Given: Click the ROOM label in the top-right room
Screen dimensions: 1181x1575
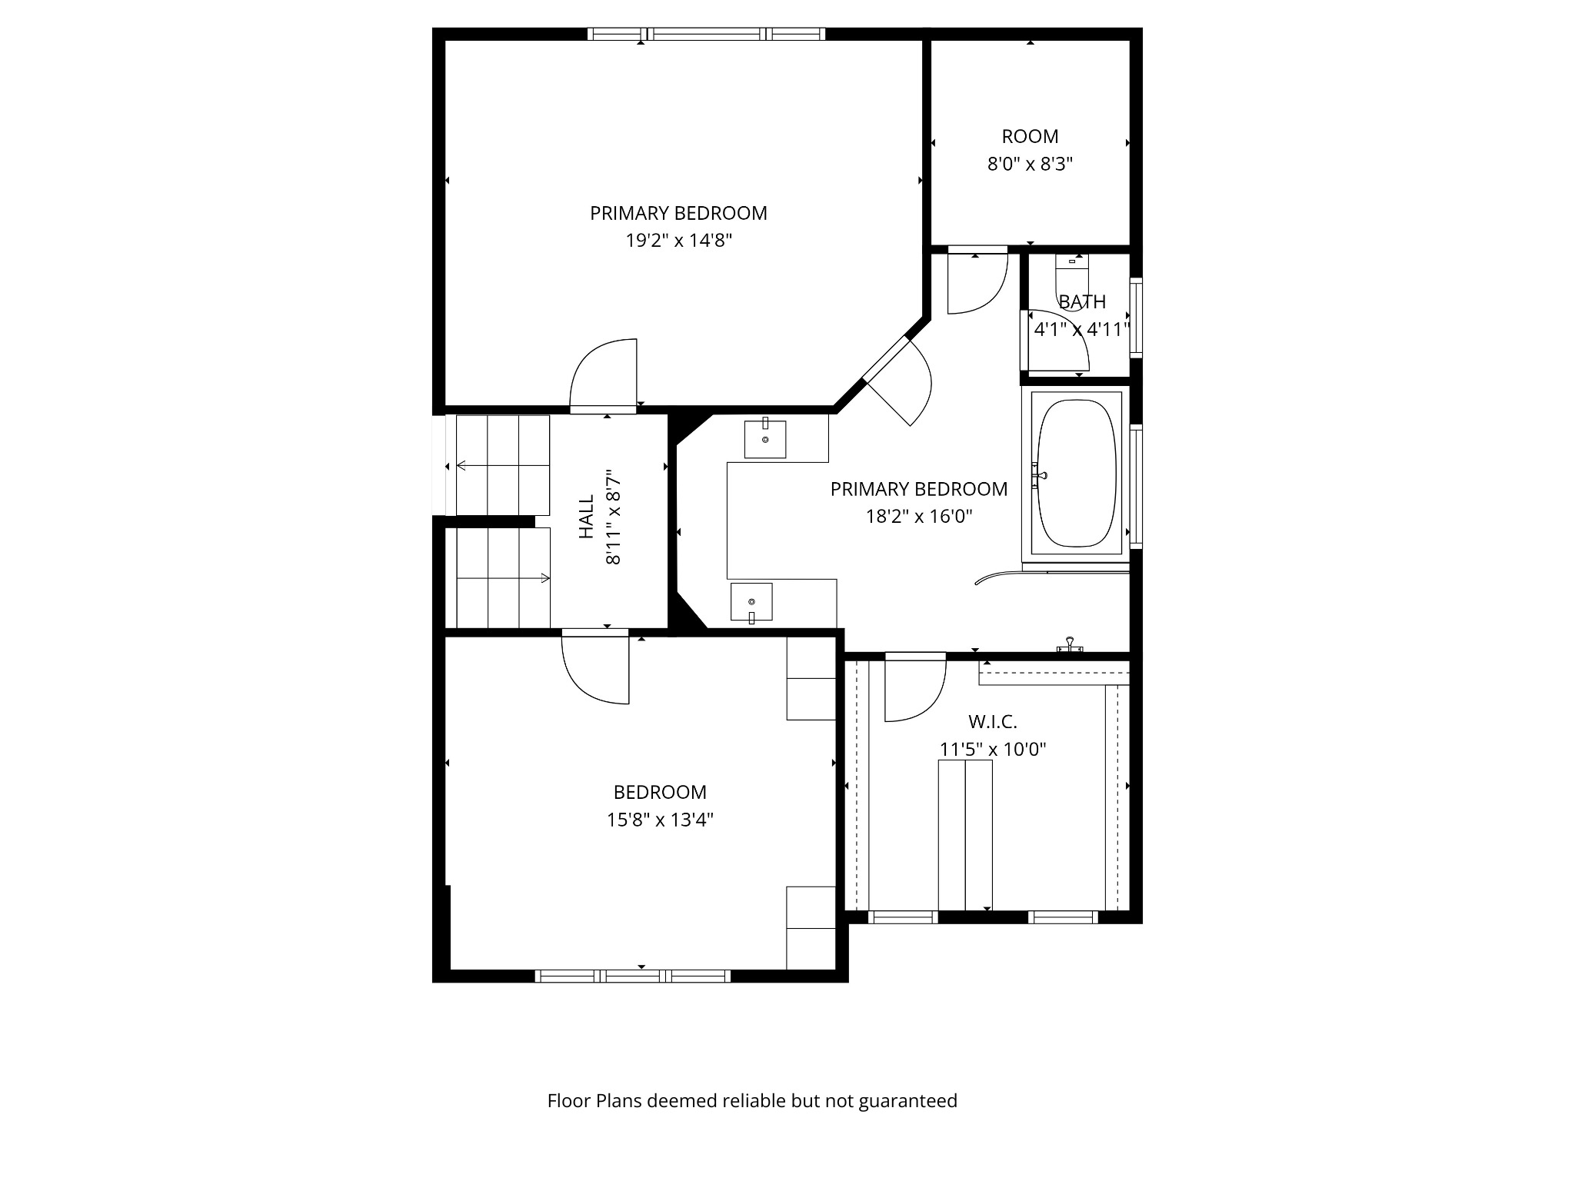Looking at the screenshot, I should click(1030, 137).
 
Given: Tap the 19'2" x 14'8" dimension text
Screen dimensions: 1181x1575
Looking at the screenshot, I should click(678, 241).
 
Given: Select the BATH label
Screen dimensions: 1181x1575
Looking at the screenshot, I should click(1082, 301).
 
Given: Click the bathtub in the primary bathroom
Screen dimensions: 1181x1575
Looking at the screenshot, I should click(1076, 473).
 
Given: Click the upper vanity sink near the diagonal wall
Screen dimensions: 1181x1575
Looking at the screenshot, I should click(765, 439).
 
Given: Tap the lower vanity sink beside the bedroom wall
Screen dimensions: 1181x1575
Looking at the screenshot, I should click(751, 602).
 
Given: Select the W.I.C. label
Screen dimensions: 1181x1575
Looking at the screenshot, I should click(992, 722).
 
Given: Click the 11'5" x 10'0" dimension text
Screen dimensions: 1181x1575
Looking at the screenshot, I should click(992, 749).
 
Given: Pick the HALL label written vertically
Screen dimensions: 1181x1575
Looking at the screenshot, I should click(586, 517).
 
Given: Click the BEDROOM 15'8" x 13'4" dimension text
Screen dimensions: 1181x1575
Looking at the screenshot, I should click(660, 820).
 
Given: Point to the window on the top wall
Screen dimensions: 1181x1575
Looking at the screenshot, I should click(706, 34).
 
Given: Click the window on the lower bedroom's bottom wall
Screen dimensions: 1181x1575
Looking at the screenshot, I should click(632, 976).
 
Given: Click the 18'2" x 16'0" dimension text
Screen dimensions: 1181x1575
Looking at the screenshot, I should click(919, 516).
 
